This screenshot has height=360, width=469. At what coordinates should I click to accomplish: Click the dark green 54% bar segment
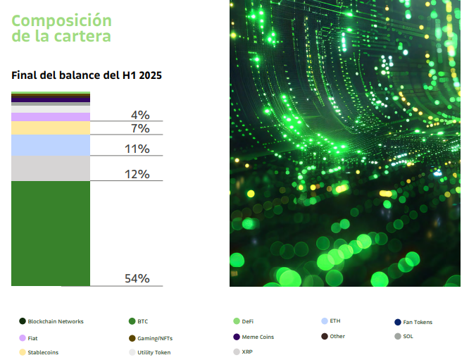coord(51,233)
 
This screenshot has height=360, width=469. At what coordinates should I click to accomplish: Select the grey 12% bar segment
coord(51,168)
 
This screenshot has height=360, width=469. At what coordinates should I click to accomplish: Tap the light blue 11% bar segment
coord(51,145)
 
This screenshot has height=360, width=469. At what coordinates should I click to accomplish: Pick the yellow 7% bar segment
coord(51,128)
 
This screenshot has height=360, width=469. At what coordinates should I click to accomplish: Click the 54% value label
coord(137,278)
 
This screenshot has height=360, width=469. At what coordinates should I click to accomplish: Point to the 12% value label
coord(137,174)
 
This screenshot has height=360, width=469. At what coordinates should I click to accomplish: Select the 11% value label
coord(137,149)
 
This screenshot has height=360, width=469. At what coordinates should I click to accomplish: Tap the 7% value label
coord(139,128)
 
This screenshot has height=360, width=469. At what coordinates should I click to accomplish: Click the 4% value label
coord(139,115)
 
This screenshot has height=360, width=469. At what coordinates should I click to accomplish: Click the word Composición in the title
coord(62,20)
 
